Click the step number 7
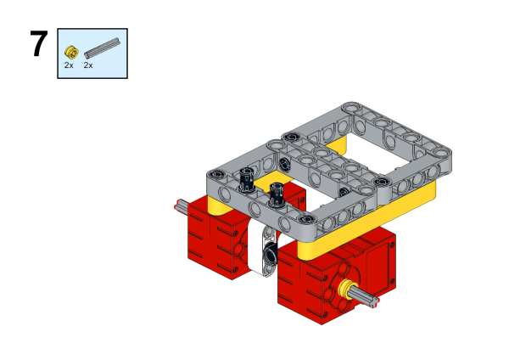[x=39, y=43]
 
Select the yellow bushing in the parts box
[x=71, y=52]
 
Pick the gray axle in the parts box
[x=103, y=48]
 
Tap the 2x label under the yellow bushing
[x=69, y=65]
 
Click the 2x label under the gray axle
[x=88, y=65]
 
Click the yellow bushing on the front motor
[x=347, y=290]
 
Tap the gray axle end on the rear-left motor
[x=179, y=205]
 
